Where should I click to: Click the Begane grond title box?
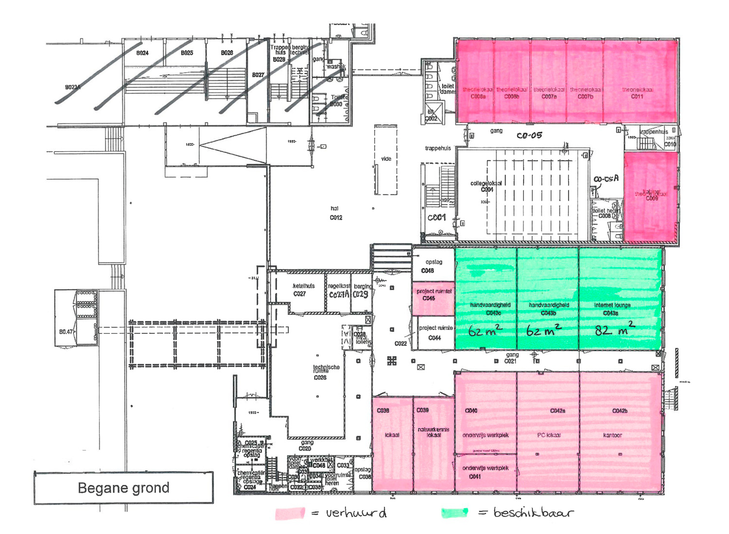click(123, 488)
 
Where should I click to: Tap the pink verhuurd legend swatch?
click(290, 513)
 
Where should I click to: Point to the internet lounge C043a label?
click(612, 309)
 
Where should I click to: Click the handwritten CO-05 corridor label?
click(529, 136)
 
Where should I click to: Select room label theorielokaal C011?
click(637, 93)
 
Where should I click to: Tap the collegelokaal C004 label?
click(486, 187)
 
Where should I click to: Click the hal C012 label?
click(335, 213)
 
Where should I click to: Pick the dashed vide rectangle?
click(385, 160)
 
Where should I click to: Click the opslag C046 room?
click(433, 266)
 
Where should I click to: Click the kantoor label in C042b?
click(612, 435)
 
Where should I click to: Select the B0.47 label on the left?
click(66, 332)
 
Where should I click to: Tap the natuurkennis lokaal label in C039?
click(433, 432)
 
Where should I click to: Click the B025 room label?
click(187, 53)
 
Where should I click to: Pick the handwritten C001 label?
click(436, 217)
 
